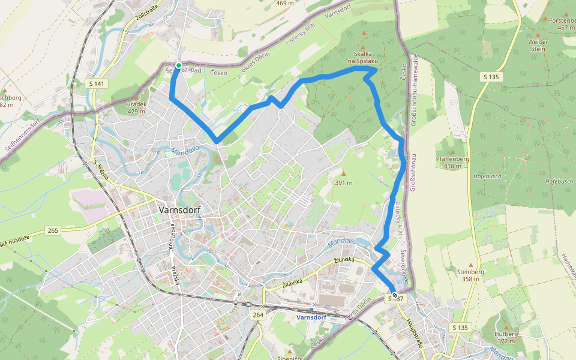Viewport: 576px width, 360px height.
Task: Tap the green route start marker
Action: click(x=178, y=65)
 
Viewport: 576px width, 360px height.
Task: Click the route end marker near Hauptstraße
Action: click(x=394, y=295)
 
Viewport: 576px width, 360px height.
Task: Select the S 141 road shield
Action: click(x=96, y=83)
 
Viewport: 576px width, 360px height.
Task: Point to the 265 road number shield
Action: click(x=53, y=230)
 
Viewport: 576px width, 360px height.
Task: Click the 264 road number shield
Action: click(x=258, y=315)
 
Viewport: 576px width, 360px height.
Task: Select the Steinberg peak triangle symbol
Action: click(x=471, y=264)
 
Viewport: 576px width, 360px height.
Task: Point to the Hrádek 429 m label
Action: click(x=136, y=107)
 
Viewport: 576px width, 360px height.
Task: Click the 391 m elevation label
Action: click(x=343, y=182)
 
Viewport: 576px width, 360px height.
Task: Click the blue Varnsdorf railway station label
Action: click(x=311, y=317)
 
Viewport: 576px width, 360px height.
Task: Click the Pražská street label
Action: click(x=176, y=275)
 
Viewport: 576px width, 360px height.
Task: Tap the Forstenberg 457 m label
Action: click(x=562, y=23)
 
